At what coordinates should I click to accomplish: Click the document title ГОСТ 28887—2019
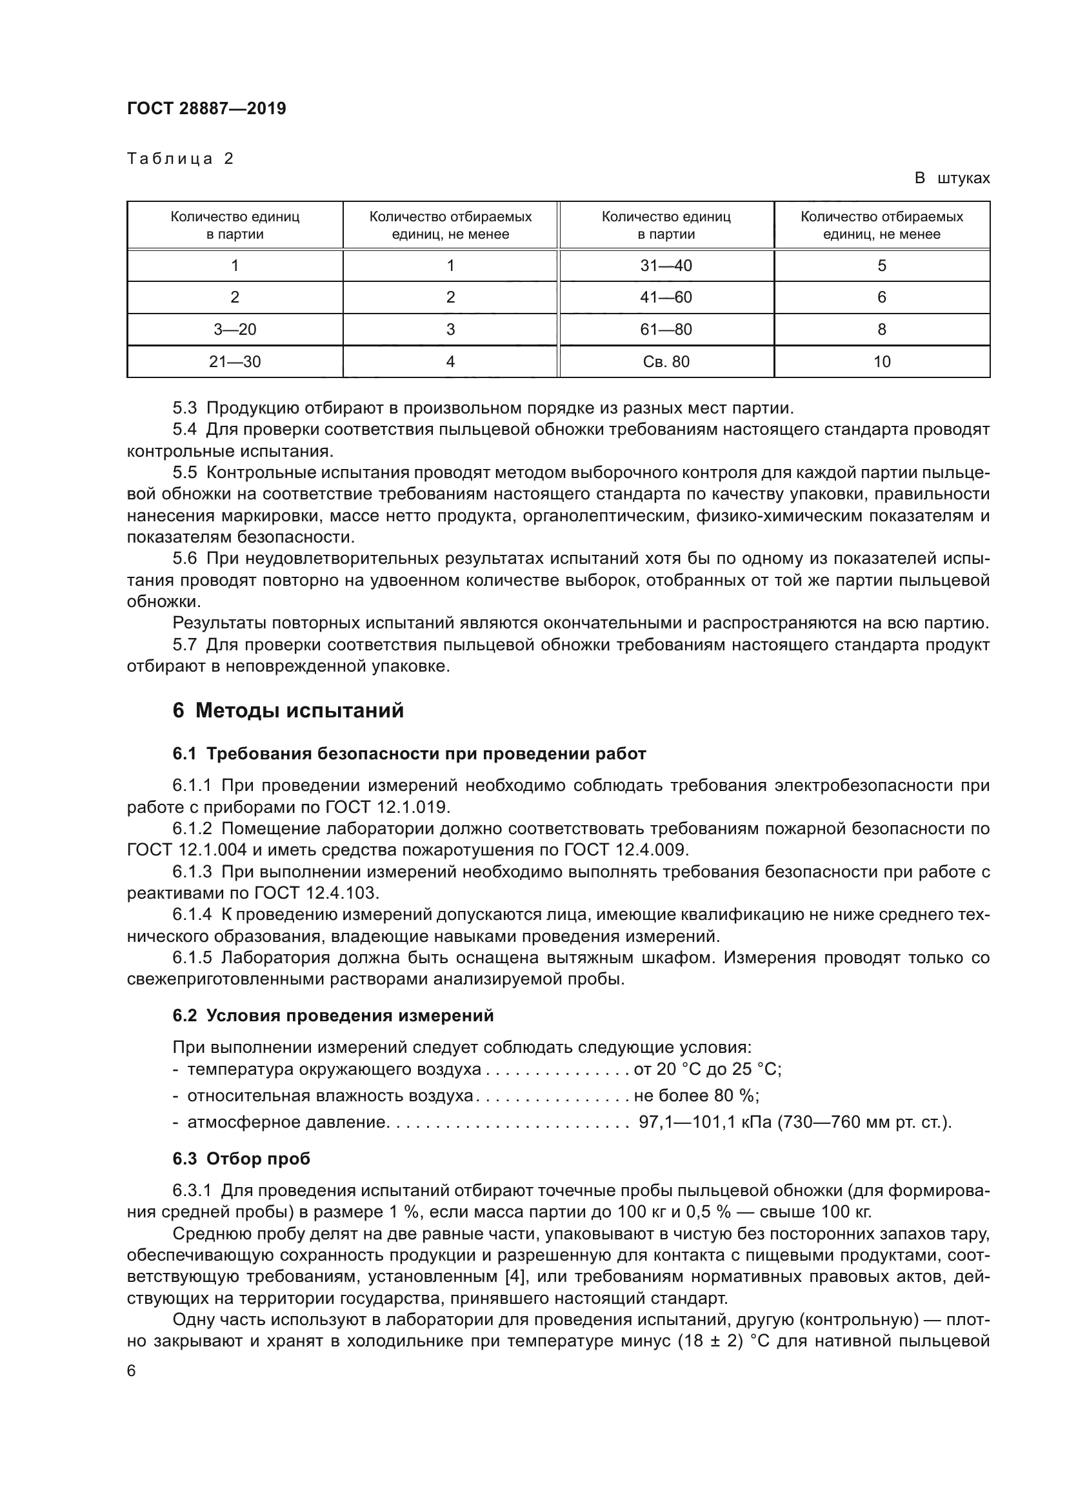[206, 108]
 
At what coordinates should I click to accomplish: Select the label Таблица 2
[180, 159]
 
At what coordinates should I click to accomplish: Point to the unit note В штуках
[952, 178]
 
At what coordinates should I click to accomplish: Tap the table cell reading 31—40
[666, 266]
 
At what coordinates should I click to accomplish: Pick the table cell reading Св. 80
[666, 361]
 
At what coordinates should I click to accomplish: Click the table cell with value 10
[882, 361]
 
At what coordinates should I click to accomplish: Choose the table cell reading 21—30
[235, 361]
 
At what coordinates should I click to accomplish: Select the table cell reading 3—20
[235, 329]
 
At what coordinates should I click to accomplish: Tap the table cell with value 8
[882, 329]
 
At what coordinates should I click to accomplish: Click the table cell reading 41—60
[666, 297]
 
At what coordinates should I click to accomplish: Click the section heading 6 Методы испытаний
[288, 710]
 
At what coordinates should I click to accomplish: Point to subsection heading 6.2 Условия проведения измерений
[332, 1015]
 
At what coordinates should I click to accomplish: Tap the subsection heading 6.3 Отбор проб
[241, 1159]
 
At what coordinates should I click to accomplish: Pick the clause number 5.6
[184, 559]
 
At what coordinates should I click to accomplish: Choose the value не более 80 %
[696, 1095]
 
